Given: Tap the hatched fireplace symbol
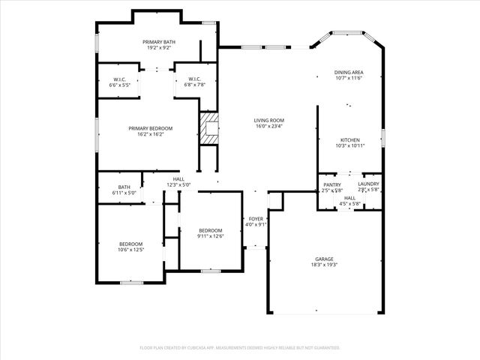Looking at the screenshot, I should click(x=209, y=127).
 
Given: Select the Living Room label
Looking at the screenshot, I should click(x=268, y=120).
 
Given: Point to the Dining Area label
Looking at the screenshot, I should click(x=348, y=72).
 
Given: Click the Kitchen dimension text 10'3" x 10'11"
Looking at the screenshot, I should click(x=350, y=145).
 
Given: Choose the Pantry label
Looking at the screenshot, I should click(x=332, y=184).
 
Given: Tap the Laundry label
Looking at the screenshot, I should click(x=368, y=184).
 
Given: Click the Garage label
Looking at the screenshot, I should click(x=324, y=259).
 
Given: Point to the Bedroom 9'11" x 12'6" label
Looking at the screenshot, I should click(x=210, y=230).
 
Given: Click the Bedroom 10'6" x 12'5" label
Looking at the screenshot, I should click(x=130, y=244).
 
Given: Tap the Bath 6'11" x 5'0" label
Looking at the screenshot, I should click(x=124, y=187).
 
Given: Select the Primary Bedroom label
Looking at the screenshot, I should click(x=150, y=128).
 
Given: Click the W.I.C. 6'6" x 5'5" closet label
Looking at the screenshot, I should click(x=119, y=79).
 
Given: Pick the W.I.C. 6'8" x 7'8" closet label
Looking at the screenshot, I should click(x=194, y=79).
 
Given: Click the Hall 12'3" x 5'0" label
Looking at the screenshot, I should click(x=178, y=179).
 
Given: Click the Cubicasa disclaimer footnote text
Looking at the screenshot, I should click(x=240, y=348).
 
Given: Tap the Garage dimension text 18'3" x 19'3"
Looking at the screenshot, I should click(x=324, y=265).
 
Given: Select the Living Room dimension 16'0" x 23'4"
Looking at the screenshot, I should click(x=268, y=125).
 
